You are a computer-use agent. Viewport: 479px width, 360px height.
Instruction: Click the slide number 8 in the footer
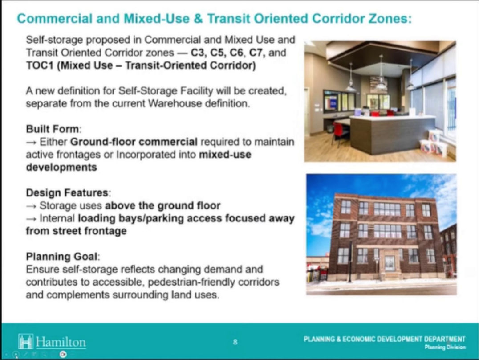235,342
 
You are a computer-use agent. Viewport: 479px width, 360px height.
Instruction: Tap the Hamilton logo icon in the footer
25,341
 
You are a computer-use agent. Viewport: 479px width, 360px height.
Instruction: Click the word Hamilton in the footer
61,342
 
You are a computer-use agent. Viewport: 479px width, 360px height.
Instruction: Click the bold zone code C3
198,53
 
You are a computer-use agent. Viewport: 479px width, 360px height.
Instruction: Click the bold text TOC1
40,65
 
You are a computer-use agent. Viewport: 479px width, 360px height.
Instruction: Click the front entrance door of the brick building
390,263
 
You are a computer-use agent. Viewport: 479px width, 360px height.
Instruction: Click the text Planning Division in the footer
445,347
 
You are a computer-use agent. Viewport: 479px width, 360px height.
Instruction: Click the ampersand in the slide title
198,18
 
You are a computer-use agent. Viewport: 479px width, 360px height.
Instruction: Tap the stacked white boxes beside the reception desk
433,143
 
